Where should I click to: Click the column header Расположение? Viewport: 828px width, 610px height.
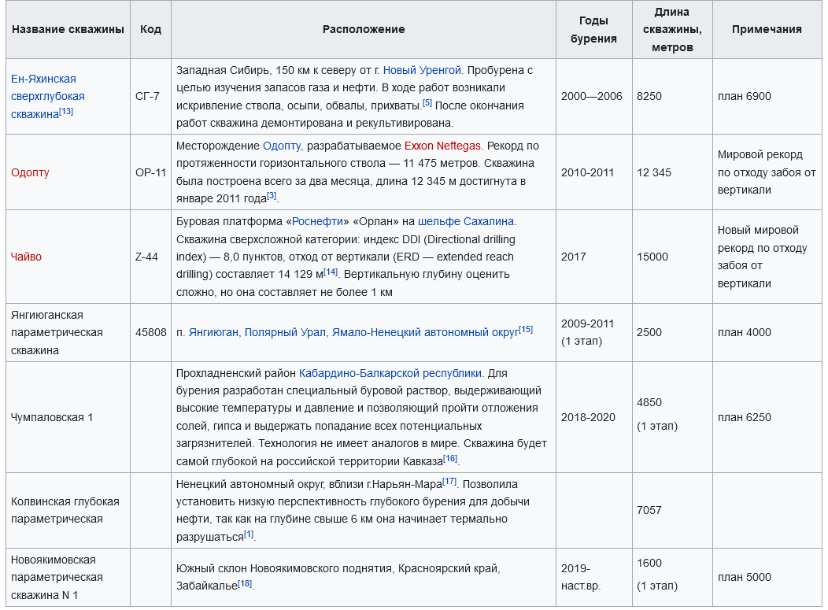364,29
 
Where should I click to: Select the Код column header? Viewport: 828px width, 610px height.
150,29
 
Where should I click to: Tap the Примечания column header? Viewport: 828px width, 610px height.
767,29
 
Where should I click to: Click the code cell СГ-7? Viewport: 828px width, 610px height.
147,96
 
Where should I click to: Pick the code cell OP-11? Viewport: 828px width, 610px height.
150,172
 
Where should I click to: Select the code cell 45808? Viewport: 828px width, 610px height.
150,332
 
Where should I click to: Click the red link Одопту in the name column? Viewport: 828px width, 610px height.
30,172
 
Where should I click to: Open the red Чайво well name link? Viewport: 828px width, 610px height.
26,257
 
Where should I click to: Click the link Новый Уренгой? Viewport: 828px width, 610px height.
422,70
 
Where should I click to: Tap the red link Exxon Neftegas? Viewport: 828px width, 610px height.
442,146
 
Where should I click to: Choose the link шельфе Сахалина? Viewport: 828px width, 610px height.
467,222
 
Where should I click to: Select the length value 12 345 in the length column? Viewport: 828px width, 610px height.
654,172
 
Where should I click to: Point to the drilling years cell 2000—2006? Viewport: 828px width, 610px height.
592,96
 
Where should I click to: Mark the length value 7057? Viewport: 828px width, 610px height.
649,510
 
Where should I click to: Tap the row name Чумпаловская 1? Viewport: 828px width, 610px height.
52,417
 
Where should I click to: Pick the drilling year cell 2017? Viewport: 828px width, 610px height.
574,257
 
